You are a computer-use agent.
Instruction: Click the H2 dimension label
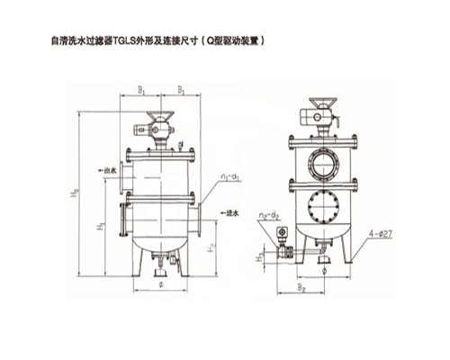(x=210, y=244)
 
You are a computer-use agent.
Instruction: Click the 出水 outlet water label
(x=112, y=167)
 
